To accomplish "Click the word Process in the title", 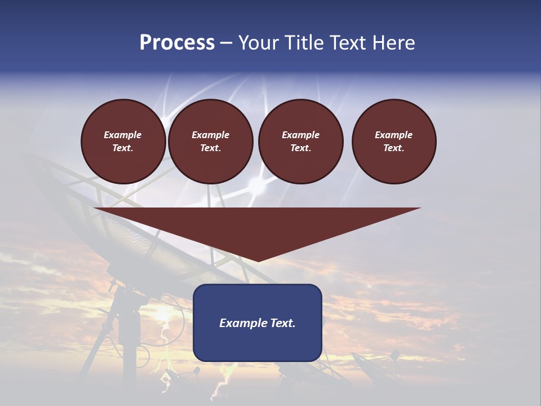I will (177, 43).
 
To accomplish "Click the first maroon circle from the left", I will (123, 142).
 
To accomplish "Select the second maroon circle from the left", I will (210, 142).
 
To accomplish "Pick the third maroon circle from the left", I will (300, 142).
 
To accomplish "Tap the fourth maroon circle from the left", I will (394, 142).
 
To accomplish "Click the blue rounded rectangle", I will (258, 323).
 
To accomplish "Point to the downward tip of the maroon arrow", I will (258, 261).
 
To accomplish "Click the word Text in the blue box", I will (282, 323).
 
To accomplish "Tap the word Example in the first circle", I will (123, 135).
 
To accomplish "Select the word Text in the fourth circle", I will (393, 148).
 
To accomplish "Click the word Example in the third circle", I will (300, 135).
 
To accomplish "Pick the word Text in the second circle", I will (210, 148).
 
